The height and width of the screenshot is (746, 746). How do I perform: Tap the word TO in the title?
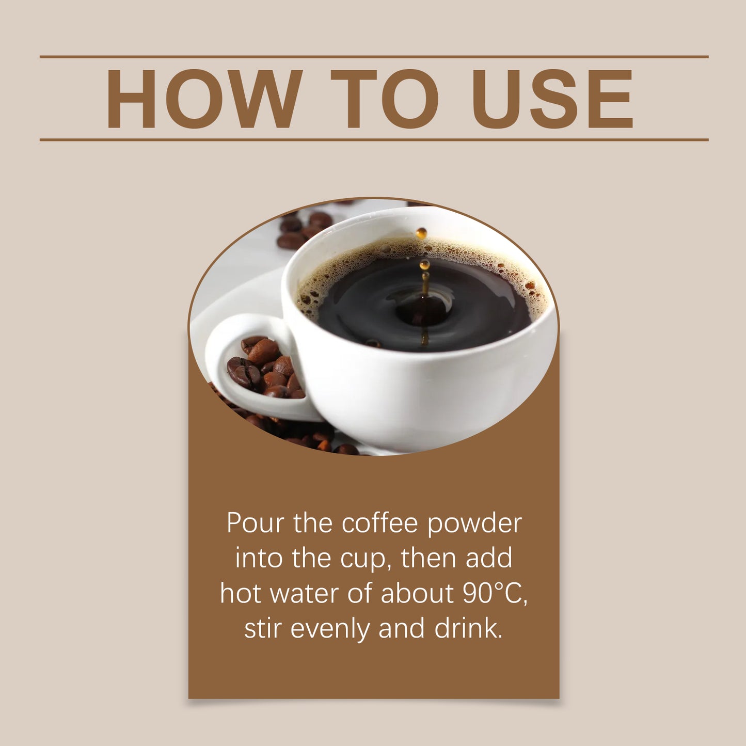click(384, 98)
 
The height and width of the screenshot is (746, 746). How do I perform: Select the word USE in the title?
click(552, 98)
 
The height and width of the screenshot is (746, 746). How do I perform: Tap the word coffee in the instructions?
click(379, 523)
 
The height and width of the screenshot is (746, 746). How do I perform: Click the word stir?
click(263, 629)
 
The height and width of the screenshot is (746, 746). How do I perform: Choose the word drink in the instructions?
click(468, 629)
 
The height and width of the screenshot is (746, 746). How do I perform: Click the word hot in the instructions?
click(241, 594)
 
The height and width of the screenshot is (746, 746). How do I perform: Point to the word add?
click(489, 559)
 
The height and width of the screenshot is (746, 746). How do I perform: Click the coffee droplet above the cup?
click(422, 233)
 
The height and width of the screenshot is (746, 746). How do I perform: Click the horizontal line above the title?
click(374, 57)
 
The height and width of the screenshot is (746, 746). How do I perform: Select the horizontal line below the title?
click(374, 139)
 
